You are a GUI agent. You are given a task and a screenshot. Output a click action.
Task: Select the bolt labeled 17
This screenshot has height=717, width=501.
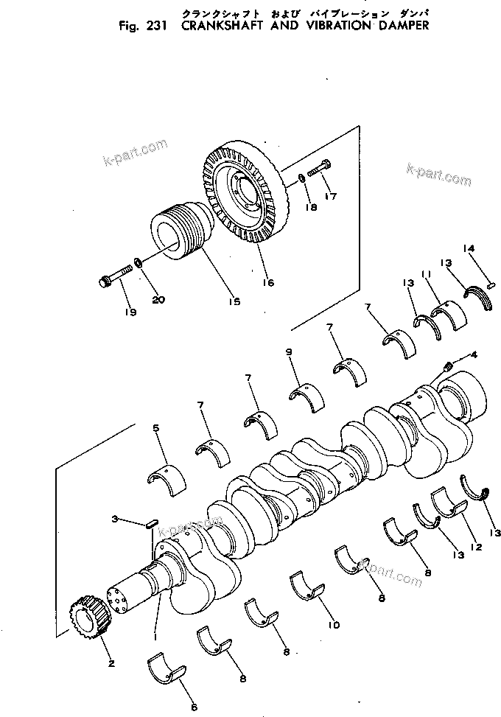(321, 169)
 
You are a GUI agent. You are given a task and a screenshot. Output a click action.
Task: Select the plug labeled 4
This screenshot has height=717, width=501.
(446, 365)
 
